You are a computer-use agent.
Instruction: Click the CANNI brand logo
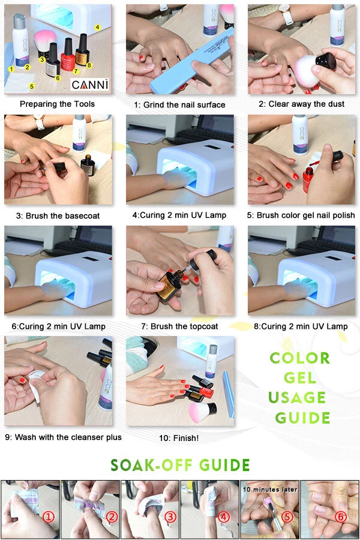90,85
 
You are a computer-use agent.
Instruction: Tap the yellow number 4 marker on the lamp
97,27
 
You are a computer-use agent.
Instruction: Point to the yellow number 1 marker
11,69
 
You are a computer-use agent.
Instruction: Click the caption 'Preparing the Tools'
57,104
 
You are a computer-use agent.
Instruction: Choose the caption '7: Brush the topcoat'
179,326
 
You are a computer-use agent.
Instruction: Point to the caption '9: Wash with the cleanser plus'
63,437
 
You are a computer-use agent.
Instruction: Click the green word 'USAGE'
297,398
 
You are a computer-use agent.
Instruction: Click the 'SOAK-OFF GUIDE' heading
180,465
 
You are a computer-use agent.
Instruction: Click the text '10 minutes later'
269,489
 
